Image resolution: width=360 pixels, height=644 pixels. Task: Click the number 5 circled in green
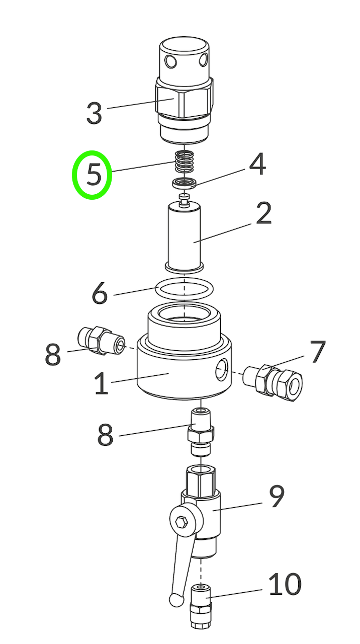(x=94, y=175)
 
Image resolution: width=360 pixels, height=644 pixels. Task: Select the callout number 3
(x=94, y=114)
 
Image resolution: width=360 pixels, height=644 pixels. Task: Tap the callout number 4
(x=257, y=165)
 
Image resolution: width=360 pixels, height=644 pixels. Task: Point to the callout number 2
(x=263, y=213)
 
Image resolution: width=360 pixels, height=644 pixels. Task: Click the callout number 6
(x=100, y=293)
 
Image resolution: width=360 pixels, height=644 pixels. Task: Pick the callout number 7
(x=317, y=352)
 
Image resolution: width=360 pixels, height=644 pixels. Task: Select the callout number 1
(x=101, y=384)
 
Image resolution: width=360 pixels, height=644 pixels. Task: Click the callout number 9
(x=277, y=497)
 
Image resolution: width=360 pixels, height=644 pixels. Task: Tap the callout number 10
(x=285, y=584)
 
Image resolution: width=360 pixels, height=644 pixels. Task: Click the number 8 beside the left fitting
(x=53, y=355)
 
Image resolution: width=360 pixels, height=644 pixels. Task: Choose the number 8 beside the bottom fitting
(x=105, y=435)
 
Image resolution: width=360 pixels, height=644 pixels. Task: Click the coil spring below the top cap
(x=185, y=163)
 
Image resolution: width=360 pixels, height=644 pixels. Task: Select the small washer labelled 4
(x=185, y=183)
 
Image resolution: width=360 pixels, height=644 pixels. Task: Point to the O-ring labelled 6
(x=185, y=289)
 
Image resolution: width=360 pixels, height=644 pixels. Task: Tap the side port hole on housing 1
(x=221, y=372)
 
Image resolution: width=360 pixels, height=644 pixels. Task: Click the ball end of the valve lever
(x=175, y=599)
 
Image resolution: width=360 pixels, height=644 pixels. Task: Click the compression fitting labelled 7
(x=274, y=381)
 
